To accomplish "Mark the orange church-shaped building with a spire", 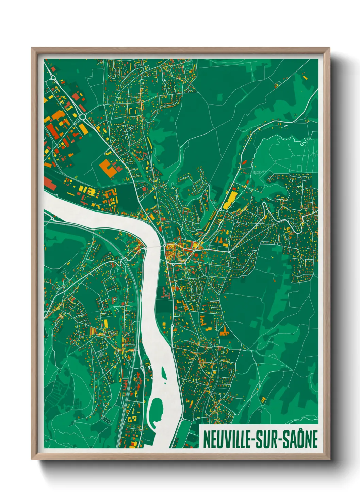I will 224,331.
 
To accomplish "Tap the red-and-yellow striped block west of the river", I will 93,330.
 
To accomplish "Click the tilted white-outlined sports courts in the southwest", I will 101,354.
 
